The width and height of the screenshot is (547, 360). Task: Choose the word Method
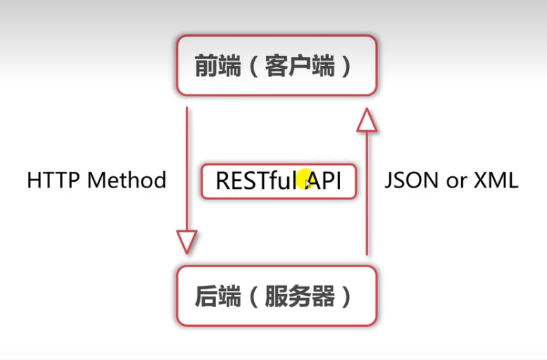click(127, 180)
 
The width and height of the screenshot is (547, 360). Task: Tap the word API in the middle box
click(325, 181)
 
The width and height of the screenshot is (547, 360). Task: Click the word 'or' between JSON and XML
click(456, 182)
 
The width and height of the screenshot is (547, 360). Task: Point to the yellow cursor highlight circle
click(304, 180)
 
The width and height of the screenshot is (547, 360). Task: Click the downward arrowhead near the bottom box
click(187, 240)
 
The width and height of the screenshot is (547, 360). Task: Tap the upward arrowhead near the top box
click(367, 119)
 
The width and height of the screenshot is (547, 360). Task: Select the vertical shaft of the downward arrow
click(187, 169)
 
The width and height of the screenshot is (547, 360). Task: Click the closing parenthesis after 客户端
click(345, 67)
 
